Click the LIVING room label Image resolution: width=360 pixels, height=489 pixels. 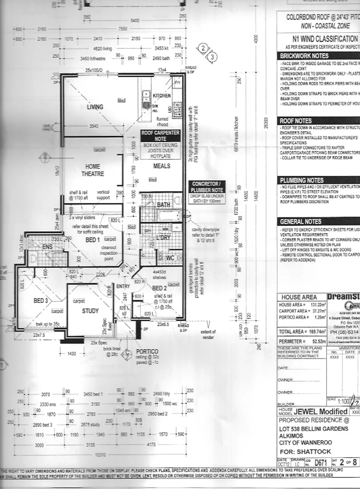[x=95, y=107]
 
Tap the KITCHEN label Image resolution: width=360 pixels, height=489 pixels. [x=162, y=96]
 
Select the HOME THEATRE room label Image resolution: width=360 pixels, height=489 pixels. [x=93, y=170]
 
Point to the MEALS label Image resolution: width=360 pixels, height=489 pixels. [x=162, y=166]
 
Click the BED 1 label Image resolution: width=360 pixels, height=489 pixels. [x=91, y=240]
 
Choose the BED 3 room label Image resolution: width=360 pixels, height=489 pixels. [x=40, y=301]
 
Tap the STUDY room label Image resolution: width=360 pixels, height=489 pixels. [x=90, y=311]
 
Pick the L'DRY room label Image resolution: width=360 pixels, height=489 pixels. [x=163, y=238]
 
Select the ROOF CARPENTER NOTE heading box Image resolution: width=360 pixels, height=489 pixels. [x=160, y=136]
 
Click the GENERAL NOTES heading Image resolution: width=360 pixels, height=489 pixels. [x=301, y=222]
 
